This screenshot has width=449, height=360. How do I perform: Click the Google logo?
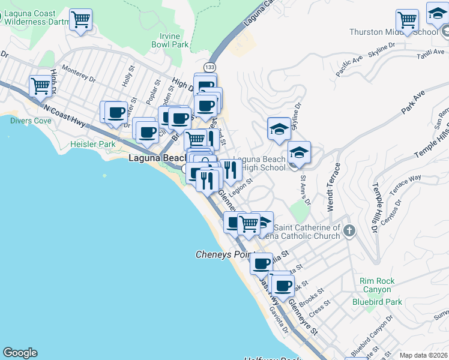(20, 353)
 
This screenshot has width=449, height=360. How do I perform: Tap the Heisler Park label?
(92, 145)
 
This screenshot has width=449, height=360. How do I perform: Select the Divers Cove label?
(31, 121)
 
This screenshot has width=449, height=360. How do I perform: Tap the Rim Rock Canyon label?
(376, 285)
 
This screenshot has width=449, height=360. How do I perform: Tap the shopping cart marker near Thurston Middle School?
(408, 20)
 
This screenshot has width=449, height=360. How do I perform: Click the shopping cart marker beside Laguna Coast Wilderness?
(81, 19)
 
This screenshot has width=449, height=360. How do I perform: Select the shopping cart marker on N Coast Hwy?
(40, 85)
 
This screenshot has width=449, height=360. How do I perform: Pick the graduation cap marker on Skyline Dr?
(279, 128)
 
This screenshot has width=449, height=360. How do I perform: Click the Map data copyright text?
(423, 355)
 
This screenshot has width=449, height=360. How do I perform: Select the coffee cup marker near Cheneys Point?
(262, 263)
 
